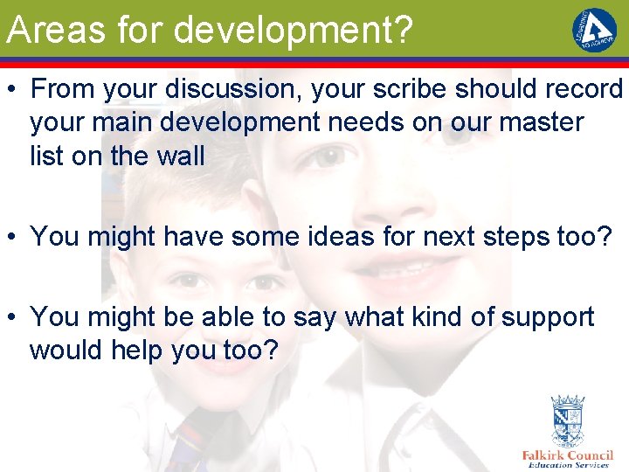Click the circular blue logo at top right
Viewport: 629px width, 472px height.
tap(593, 31)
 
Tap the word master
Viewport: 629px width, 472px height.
tap(530, 122)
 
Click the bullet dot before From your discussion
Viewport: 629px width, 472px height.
tap(11, 90)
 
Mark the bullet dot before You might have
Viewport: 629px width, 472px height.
tap(11, 237)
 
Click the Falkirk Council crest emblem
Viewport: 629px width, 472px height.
tap(567, 420)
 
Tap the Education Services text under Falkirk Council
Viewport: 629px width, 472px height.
tap(567, 465)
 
